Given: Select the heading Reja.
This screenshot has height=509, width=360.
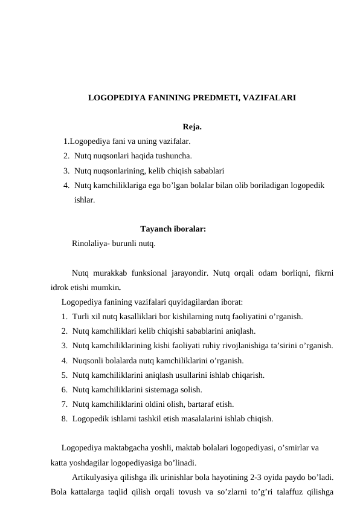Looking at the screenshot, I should pos(191,128).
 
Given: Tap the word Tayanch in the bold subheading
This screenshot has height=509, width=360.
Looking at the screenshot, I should pos(155,229).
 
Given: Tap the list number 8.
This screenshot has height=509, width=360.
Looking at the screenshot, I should pos(64,418).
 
